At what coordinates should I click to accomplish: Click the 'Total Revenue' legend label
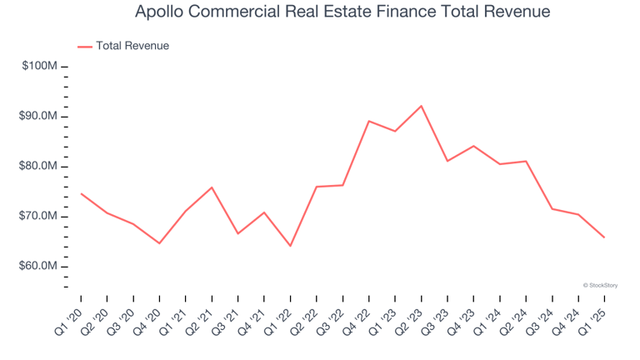tap(132, 46)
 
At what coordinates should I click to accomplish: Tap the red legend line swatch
tap(85, 47)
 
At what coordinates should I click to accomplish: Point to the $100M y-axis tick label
tap(38, 66)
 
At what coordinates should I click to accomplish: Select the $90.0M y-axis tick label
tap(37, 116)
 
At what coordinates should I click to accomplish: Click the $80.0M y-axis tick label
tap(37, 167)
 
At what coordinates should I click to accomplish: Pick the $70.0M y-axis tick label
tap(37, 217)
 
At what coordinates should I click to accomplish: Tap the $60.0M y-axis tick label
tap(37, 267)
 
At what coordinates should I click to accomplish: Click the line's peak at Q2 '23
tap(422, 106)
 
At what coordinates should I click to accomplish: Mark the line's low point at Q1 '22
tap(291, 246)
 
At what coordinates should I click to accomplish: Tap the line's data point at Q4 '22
tap(369, 121)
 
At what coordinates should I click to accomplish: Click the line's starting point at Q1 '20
tap(81, 193)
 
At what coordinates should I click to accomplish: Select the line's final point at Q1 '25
tap(604, 237)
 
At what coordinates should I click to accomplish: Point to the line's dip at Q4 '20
tap(159, 243)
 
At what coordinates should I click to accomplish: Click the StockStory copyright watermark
tap(600, 285)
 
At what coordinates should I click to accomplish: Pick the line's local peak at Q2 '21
tap(212, 187)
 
